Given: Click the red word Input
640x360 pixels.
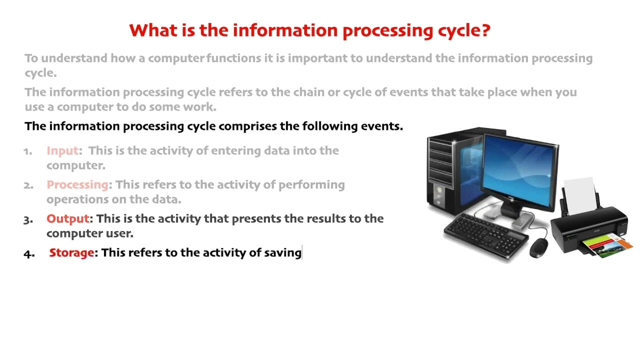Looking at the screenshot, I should point(62,150).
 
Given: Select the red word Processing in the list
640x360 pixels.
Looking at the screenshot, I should point(77,184).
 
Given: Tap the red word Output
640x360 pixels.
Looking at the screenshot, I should point(67,218).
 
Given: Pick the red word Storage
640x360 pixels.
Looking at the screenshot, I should point(71,252).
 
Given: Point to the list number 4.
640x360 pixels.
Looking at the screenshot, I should point(28,253).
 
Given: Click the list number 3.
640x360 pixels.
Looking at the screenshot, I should point(28,219).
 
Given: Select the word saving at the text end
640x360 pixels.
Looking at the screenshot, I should point(282,253).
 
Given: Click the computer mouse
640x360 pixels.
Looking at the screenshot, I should point(538,247).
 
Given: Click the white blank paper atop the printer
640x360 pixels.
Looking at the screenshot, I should point(580,192).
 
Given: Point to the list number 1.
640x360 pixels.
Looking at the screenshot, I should point(28,151).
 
